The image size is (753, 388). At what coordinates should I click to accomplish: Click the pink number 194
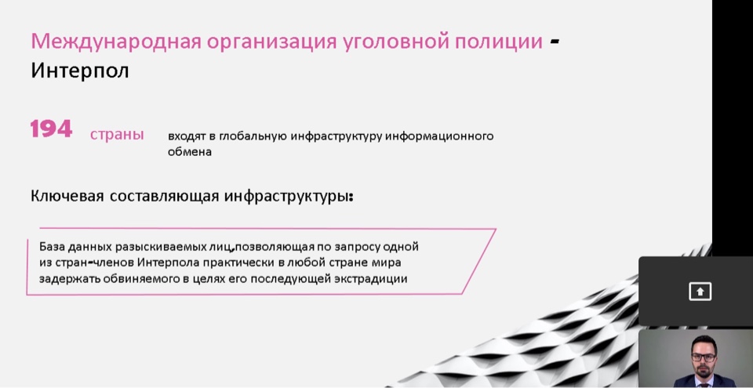pos(51,129)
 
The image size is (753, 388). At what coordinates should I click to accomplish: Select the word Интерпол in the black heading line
pos(80,71)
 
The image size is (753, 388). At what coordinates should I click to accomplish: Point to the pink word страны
pos(117,135)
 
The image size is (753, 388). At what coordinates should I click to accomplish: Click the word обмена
pos(190,152)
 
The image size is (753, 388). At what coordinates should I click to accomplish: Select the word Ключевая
pos(67,197)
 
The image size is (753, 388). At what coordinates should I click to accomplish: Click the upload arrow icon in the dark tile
pos(700,292)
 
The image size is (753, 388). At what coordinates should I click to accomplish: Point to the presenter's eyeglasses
pos(704,357)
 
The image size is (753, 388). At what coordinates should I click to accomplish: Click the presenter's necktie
pos(704,382)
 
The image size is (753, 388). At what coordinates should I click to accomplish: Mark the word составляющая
pos(164,197)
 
